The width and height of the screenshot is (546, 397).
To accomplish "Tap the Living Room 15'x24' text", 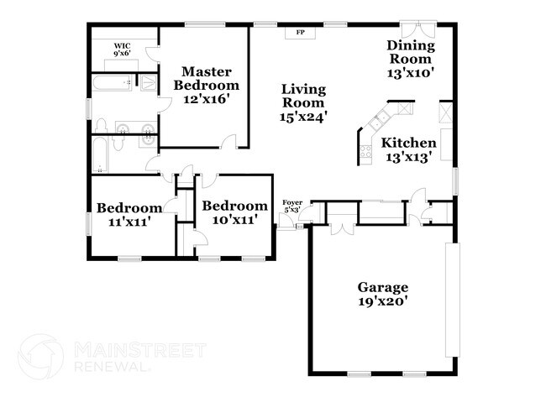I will point(303,103).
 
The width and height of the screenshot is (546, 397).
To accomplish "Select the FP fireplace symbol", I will point(300,34).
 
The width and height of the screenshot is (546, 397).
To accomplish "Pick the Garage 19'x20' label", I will point(382,294).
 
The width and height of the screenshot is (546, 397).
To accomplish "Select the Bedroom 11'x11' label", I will point(129,216).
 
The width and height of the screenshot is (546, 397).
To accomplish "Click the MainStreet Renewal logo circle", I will point(41,355).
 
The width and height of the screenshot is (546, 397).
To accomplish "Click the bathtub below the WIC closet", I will point(112,83).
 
